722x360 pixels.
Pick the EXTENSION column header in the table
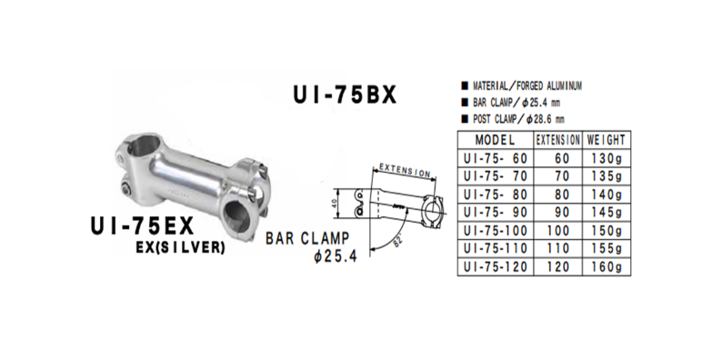coord(557,141)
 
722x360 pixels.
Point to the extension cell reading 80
coord(557,195)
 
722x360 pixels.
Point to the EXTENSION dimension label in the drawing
coord(402,170)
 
